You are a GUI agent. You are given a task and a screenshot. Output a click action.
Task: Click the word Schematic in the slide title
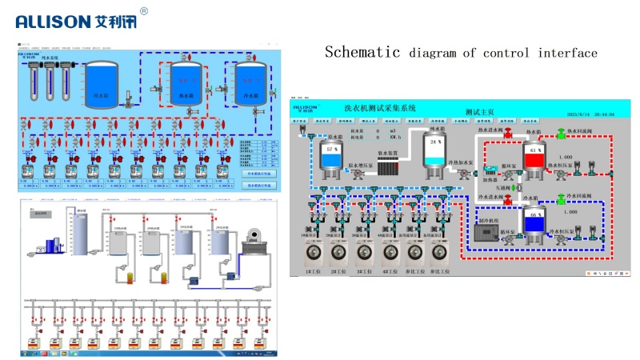point(362,53)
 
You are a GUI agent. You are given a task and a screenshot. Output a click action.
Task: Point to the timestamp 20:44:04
point(599,115)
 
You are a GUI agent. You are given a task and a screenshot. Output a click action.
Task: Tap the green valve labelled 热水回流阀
point(559,131)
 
